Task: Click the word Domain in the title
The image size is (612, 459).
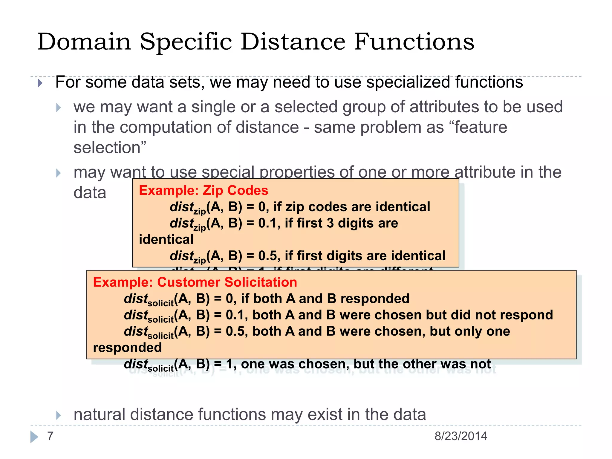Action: click(84, 42)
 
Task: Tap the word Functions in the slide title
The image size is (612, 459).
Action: click(414, 42)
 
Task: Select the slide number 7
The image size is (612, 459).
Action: click(50, 436)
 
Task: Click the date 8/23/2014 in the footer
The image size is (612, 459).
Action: click(460, 436)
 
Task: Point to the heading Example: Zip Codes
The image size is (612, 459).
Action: click(204, 190)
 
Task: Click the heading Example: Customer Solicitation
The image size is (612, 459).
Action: click(195, 282)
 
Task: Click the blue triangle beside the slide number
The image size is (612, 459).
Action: click(34, 437)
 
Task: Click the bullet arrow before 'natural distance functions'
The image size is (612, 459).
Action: click(58, 415)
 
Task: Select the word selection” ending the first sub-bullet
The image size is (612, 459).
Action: click(110, 148)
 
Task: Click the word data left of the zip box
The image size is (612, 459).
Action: click(90, 193)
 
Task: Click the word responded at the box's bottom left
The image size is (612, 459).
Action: click(127, 348)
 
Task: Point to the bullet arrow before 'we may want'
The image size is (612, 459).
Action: click(58, 108)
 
